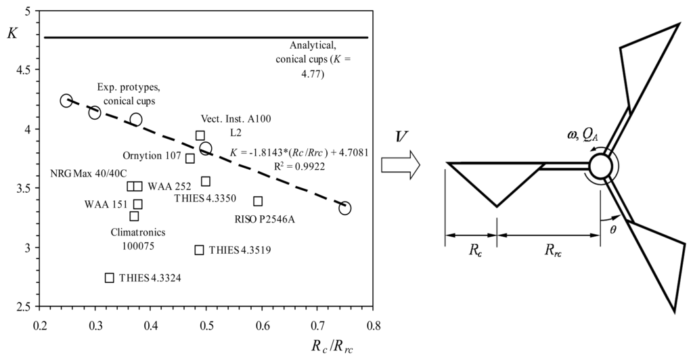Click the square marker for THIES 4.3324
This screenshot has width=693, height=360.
point(110,277)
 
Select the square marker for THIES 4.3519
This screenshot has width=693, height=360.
point(199,250)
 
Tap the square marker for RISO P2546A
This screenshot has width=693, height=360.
point(258,201)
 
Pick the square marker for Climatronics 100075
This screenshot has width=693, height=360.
point(134,216)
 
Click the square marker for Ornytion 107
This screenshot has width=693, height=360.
point(190,158)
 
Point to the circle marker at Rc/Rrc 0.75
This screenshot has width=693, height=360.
point(345,208)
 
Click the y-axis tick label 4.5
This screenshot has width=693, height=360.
point(22,70)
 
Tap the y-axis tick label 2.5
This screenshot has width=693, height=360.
point(22,307)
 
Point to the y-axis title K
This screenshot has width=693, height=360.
point(12,32)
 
